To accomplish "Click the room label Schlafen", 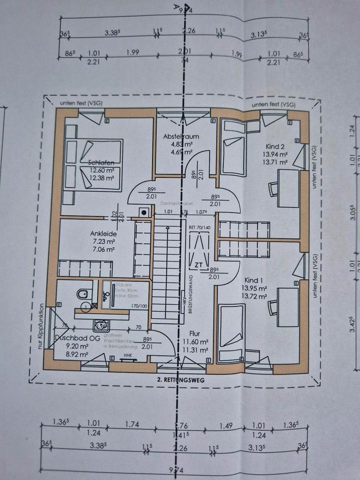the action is [101, 162].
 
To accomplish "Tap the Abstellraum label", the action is [181, 136].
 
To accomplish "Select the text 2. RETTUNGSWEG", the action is [181, 379].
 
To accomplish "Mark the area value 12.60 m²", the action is [102, 170].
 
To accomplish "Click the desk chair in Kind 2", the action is [274, 189].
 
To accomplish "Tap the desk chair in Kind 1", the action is [273, 307].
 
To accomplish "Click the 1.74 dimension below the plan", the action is [132, 424].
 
